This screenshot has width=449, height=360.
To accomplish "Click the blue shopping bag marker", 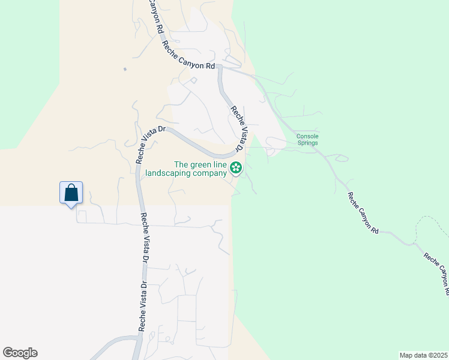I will tap(71, 193).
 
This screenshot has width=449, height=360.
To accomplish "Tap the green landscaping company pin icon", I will tap(236, 167).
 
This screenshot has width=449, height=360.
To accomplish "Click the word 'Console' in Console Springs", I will tap(307, 136).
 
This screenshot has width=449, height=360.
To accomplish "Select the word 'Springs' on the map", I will tap(307, 143).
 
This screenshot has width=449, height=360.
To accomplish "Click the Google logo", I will tap(20, 353).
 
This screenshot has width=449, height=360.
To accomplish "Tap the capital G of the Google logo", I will tap(8, 353).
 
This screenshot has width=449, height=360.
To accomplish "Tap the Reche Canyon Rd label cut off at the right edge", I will tap(436, 273).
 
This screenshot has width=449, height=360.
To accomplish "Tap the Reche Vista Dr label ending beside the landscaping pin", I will tap(238, 128).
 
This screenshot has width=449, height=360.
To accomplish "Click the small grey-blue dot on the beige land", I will tap(125, 70).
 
